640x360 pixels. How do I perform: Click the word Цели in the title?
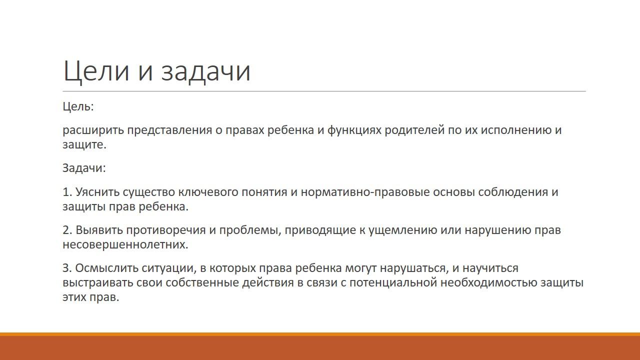click(x=96, y=71)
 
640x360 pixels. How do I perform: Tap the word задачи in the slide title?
click(x=205, y=72)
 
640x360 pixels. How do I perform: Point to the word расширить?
click(x=93, y=130)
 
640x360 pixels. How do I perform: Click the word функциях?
click(x=354, y=130)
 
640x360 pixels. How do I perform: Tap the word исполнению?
click(x=516, y=130)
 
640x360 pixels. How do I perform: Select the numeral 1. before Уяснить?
click(x=67, y=192)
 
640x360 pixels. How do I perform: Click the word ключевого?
click(x=208, y=192)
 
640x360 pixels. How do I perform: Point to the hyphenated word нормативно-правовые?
click(x=365, y=192)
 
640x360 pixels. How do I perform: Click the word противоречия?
click(x=165, y=230)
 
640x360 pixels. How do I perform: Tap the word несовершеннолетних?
click(x=125, y=244)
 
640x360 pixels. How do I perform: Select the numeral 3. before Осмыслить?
click(x=67, y=268)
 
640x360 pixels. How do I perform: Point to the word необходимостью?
click(x=488, y=282)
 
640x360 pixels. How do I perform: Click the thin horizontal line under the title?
click(x=324, y=91)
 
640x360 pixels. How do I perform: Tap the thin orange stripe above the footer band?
click(x=320, y=334)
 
